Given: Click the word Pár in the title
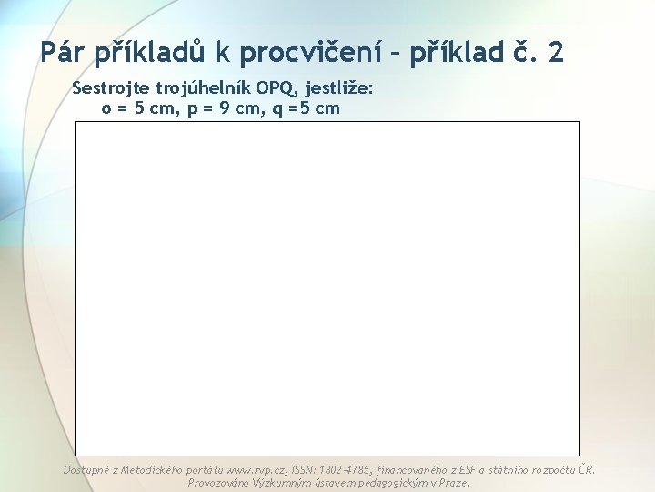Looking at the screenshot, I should (65, 52).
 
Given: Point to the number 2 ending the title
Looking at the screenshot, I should (556, 52).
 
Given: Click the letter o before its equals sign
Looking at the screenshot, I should (106, 108).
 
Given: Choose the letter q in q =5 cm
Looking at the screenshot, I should (278, 108).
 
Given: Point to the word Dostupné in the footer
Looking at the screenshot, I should (86, 470).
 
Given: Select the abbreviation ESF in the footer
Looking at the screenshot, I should (459, 470).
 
